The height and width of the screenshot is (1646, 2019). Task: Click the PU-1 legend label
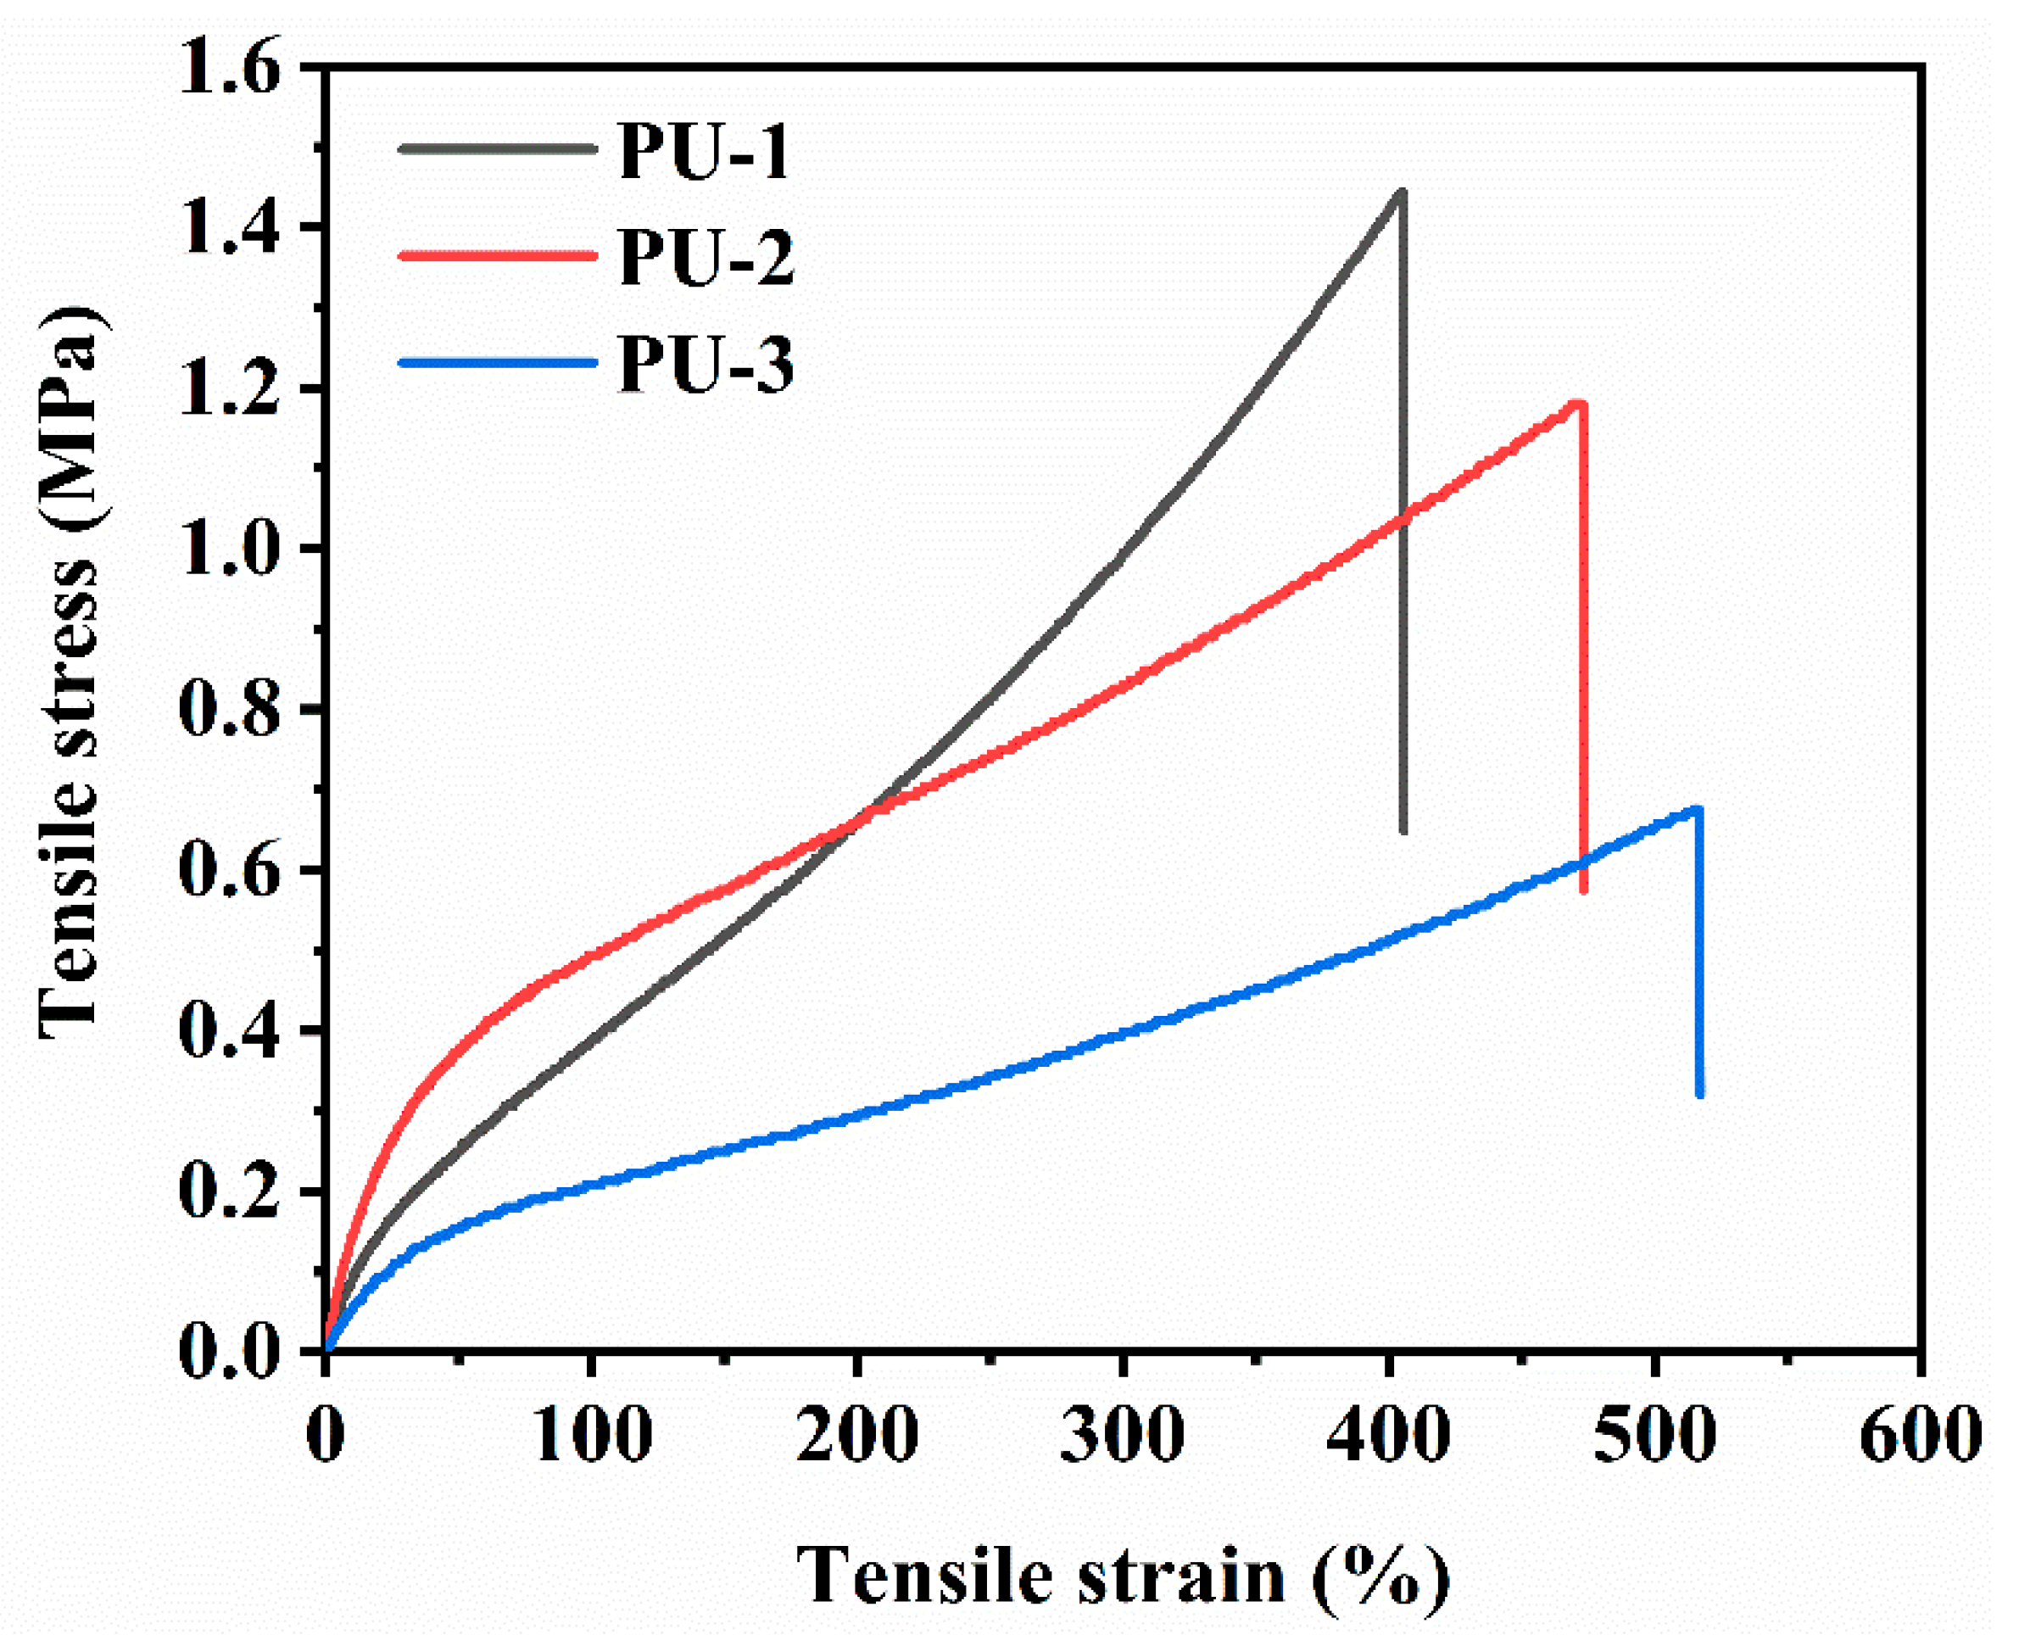pyautogui.click(x=703, y=152)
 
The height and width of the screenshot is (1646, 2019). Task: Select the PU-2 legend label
pyautogui.click(x=706, y=258)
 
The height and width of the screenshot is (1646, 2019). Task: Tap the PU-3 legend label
pyautogui.click(x=706, y=365)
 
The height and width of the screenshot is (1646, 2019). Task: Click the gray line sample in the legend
pyautogui.click(x=497, y=148)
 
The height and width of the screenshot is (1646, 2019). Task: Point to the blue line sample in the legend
pyautogui.click(x=497, y=361)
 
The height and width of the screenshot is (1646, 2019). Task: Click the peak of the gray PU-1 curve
pyautogui.click(x=1401, y=192)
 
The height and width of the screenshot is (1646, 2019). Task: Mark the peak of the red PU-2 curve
pyautogui.click(x=1579, y=404)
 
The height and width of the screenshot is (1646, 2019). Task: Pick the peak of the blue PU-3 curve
pyautogui.click(x=1697, y=809)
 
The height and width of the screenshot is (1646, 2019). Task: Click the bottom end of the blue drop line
pyautogui.click(x=1699, y=1094)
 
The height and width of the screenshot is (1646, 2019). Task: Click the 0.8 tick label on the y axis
pyautogui.click(x=230, y=709)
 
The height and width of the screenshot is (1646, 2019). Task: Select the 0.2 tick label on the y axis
pyautogui.click(x=230, y=1191)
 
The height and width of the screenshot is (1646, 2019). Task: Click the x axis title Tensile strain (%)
pyautogui.click(x=1121, y=1576)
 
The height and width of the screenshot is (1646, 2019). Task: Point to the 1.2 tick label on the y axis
pyautogui.click(x=230, y=388)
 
